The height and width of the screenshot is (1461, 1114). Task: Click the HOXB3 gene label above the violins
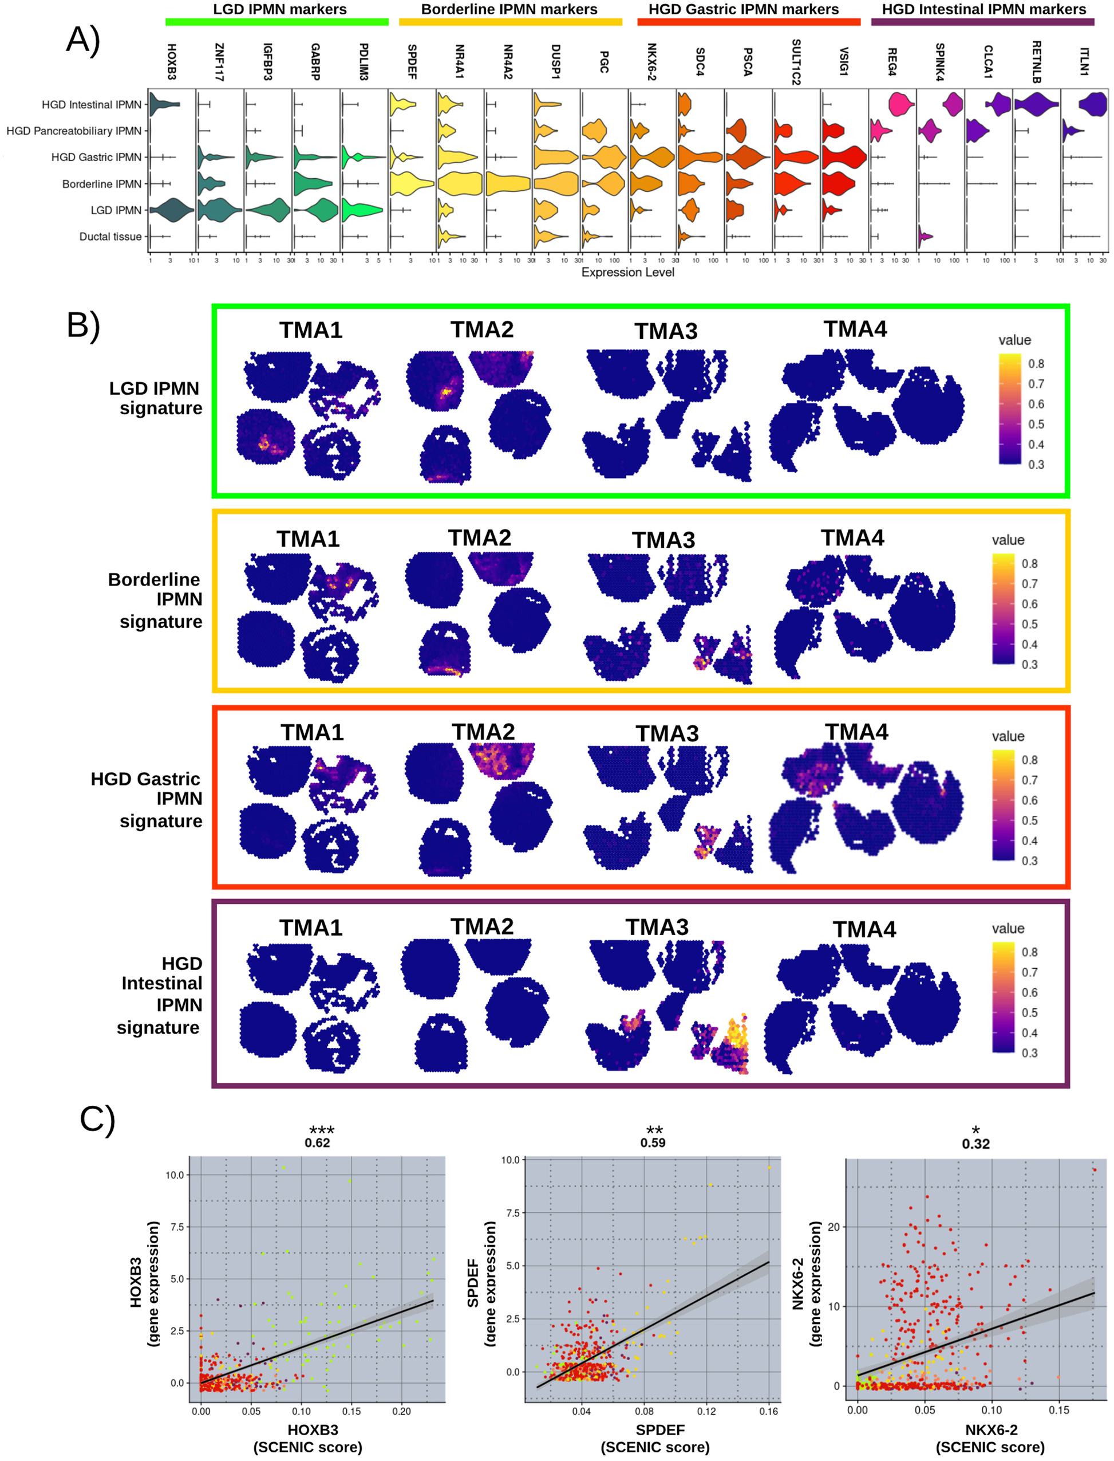coord(171,62)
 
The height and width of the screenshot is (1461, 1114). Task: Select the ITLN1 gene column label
coord(1084,62)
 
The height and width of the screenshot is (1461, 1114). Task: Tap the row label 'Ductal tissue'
coord(110,237)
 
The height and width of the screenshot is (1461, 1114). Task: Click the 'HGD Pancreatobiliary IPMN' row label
coord(74,131)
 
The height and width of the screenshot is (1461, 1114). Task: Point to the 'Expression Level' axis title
coord(627,272)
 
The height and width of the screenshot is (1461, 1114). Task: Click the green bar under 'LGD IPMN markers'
coord(276,22)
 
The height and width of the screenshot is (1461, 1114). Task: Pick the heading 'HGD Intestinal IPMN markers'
coord(983,9)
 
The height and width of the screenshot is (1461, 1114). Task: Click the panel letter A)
coord(84,40)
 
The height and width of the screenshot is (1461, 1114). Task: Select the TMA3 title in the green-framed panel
coord(666,331)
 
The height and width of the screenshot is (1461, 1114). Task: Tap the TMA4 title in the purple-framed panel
coord(864,929)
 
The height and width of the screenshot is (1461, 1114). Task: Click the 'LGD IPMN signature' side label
coord(156,398)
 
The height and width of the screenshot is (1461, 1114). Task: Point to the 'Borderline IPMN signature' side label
coord(156,600)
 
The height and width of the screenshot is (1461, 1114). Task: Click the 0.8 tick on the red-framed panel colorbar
coord(1029,760)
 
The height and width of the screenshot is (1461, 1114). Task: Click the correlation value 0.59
coord(653,1142)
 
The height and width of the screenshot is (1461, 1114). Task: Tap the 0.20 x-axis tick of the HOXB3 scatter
coord(402,1411)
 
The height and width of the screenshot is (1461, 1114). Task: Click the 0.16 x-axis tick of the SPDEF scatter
coord(769,1411)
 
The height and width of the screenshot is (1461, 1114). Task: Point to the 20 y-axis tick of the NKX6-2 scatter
coord(833,1227)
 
